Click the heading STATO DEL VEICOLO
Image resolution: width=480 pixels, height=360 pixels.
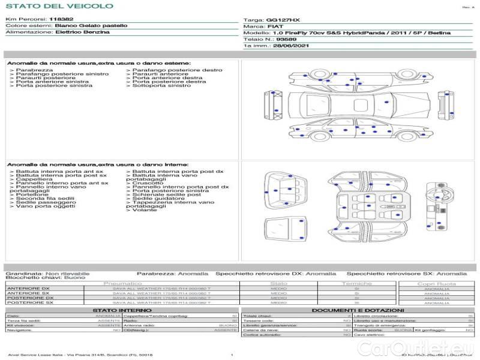(59, 6)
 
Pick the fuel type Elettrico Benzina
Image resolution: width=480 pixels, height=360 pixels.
(82, 32)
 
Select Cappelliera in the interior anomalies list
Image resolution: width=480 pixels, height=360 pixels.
(34, 179)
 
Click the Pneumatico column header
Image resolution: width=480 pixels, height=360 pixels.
(123, 283)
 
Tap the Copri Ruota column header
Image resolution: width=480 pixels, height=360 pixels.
(436, 284)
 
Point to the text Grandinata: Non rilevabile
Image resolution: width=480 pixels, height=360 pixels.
(48, 273)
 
